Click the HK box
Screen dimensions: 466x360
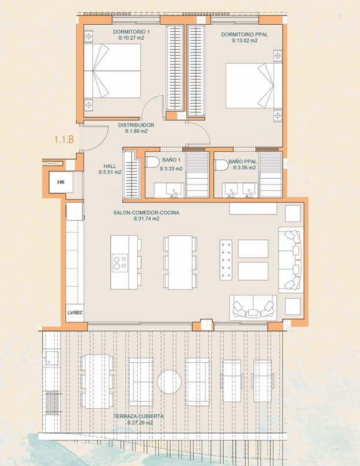(x=61, y=182)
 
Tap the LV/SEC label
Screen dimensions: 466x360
(x=74, y=312)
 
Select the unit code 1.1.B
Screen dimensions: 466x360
(x=65, y=139)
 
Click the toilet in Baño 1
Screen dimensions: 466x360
(x=152, y=162)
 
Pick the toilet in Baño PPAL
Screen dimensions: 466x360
(x=221, y=165)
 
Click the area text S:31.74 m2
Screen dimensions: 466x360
(x=147, y=219)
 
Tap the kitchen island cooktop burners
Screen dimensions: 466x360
(x=120, y=262)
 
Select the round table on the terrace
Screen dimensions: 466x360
(x=170, y=381)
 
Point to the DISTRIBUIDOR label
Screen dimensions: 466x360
(x=136, y=125)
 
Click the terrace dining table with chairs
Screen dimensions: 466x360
(x=95, y=381)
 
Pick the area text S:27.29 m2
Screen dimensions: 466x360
(x=140, y=423)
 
